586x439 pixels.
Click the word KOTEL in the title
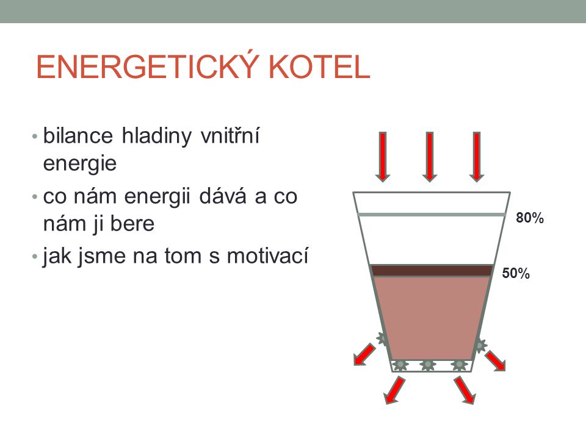coord(319,67)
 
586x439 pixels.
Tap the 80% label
coord(530,218)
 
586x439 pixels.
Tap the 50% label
coord(516,273)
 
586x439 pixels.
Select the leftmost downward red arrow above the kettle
coord(383,157)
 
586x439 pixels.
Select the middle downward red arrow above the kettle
coord(430,157)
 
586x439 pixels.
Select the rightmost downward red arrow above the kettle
coord(477,157)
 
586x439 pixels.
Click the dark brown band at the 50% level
coord(432,270)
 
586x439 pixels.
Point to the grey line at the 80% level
coord(432,215)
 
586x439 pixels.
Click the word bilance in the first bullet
coord(78,135)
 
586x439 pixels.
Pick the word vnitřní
coord(230,135)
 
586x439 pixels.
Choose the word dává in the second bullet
coord(223,196)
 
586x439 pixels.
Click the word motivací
coord(267,256)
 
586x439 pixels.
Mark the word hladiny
coord(157,136)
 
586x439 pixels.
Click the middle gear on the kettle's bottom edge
coord(427,365)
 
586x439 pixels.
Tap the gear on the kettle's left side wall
coord(383,338)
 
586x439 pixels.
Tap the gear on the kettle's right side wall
coord(480,345)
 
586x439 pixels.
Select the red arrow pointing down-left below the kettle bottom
coord(395,390)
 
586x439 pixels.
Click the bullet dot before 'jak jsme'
coord(35,257)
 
